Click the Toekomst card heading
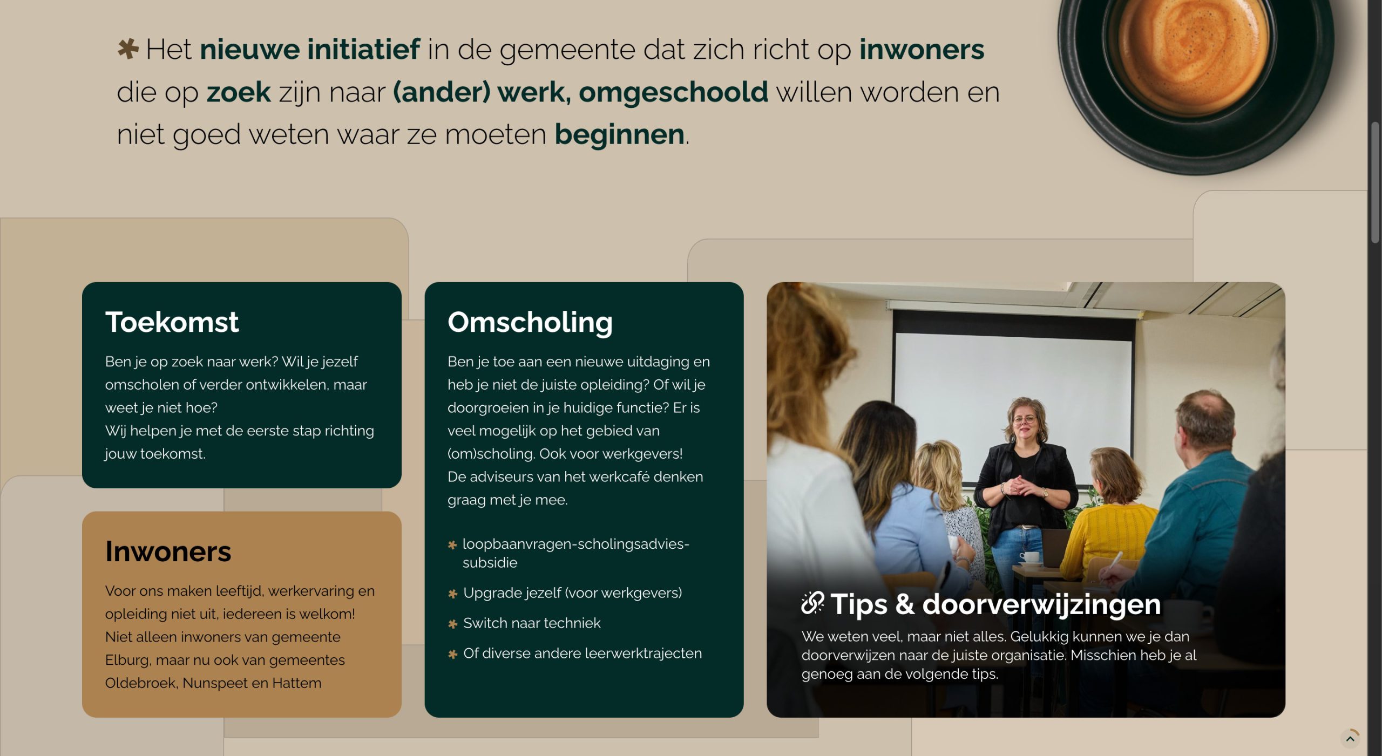point(172,322)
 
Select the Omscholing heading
point(530,322)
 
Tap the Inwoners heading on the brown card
point(168,551)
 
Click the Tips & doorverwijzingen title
point(995,604)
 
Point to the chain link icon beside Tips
point(812,603)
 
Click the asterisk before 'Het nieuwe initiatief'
point(128,49)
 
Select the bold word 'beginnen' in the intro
point(619,134)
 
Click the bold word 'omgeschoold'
point(673,92)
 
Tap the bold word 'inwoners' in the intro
point(922,49)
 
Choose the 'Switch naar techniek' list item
point(532,623)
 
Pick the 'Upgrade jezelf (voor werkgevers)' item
point(572,593)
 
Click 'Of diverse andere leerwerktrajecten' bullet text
point(582,653)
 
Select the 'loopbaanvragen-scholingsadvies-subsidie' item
point(575,553)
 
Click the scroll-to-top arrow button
point(1350,739)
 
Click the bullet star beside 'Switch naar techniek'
point(453,624)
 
